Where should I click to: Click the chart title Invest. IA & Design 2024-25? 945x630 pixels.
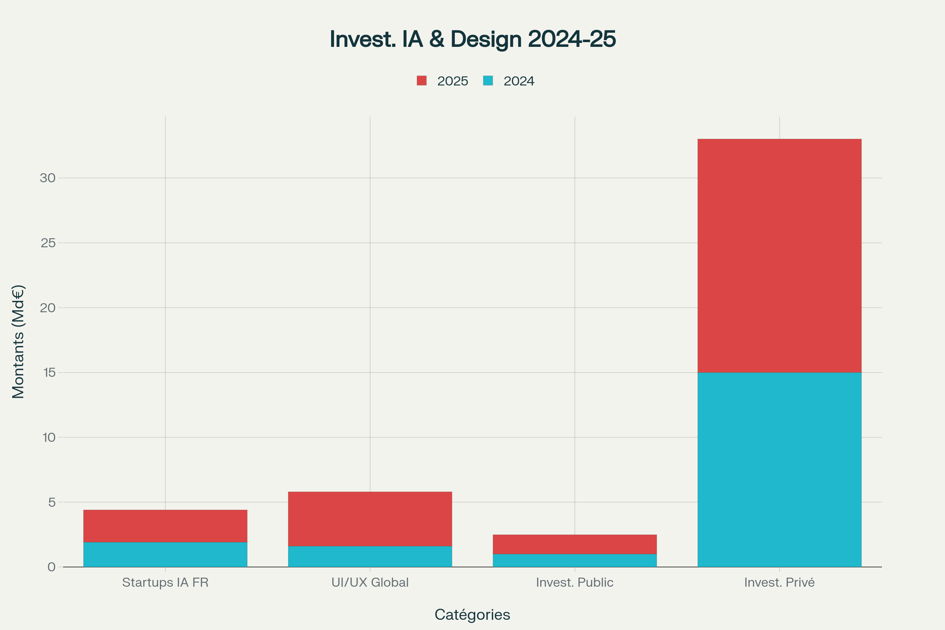pos(472,39)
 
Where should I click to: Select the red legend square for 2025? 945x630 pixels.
pos(421,80)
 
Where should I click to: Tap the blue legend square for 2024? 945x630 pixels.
pos(488,80)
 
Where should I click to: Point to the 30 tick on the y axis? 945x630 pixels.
pos(48,178)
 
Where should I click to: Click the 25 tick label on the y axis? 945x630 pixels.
pos(48,243)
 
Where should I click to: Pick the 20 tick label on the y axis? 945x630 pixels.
pos(48,308)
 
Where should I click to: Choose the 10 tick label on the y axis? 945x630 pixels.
pos(48,437)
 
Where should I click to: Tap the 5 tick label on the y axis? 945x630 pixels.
pos(52,502)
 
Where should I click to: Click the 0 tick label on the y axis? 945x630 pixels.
pos(52,567)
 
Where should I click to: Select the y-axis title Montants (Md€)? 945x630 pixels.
pos(18,341)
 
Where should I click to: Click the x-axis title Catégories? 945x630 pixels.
pos(472,614)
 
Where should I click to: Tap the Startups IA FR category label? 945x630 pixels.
pos(165,582)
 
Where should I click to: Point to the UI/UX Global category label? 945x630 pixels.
pos(370,582)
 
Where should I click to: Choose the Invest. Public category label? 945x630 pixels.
pos(574,582)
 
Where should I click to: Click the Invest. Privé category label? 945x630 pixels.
pos(779,582)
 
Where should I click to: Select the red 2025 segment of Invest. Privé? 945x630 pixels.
pos(779,256)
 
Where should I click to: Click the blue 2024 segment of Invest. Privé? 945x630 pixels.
pos(779,469)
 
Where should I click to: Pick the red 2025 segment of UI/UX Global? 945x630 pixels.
pos(370,519)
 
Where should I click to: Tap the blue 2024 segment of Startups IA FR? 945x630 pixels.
pos(165,554)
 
